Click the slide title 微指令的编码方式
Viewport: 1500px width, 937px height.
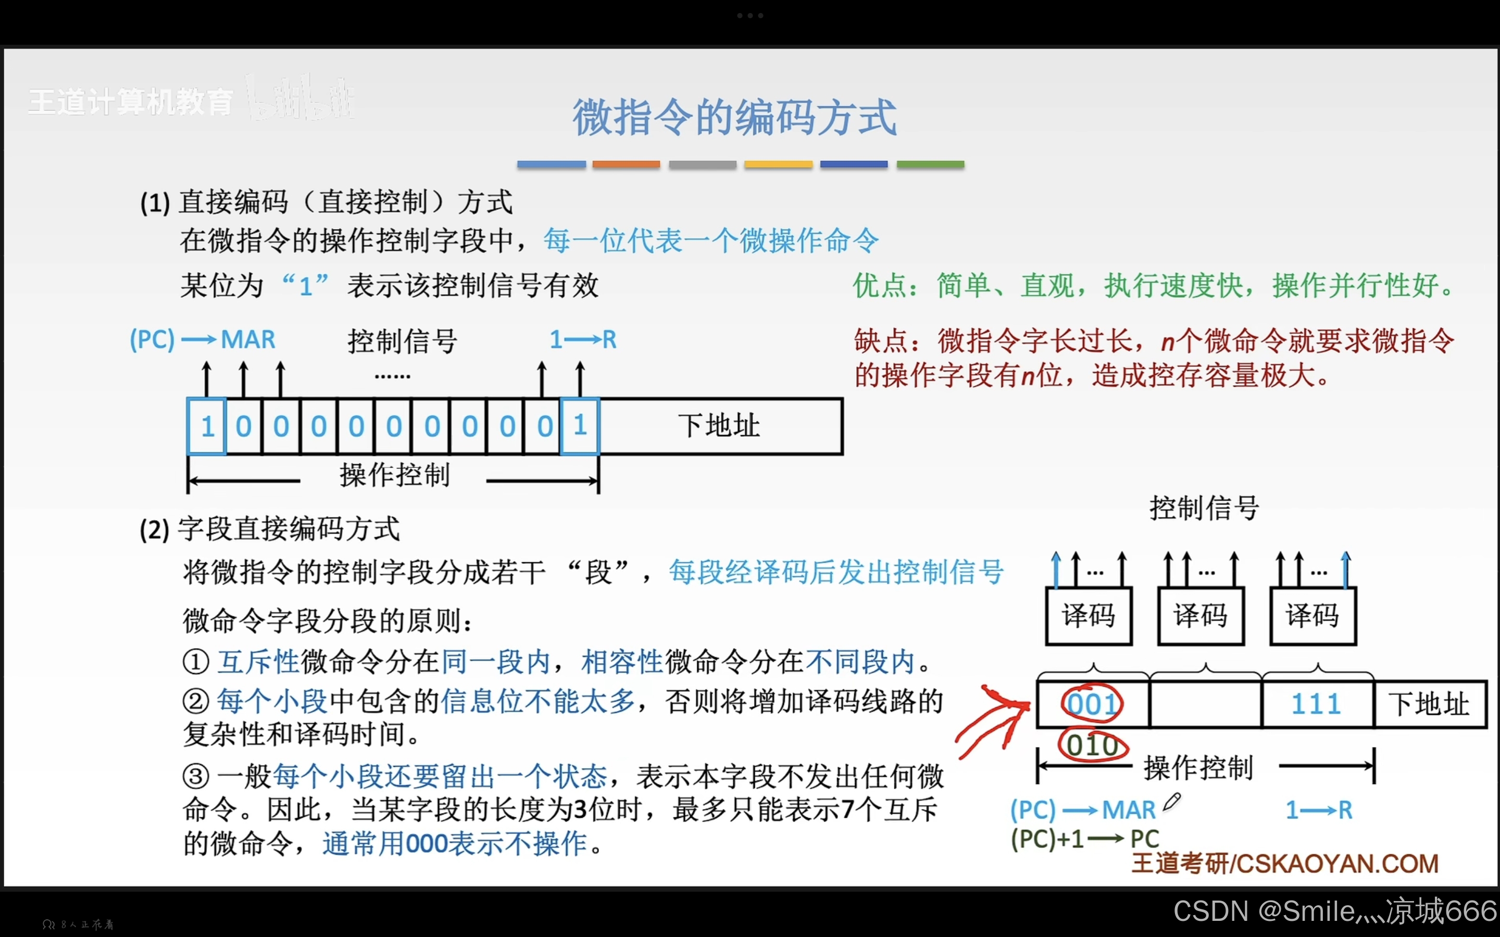pyautogui.click(x=734, y=117)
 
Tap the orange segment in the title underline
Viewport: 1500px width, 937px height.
pyautogui.click(x=626, y=164)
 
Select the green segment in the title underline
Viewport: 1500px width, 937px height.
pyautogui.click(x=930, y=164)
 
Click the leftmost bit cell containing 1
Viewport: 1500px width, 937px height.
pyautogui.click(x=207, y=426)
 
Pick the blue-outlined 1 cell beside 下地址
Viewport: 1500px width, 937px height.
pyautogui.click(x=580, y=426)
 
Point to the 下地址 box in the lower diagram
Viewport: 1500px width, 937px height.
pyautogui.click(x=1429, y=704)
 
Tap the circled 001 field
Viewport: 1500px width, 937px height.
pyautogui.click(x=1092, y=704)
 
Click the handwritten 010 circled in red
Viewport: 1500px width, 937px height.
pyautogui.click(x=1092, y=745)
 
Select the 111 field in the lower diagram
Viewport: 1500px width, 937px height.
pyautogui.click(x=1317, y=704)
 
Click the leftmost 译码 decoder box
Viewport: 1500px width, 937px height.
pyautogui.click(x=1089, y=616)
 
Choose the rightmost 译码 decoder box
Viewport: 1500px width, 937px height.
pyautogui.click(x=1313, y=616)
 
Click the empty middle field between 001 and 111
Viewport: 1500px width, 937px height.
pyautogui.click(x=1205, y=704)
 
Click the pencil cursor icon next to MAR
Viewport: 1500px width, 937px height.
pyautogui.click(x=1171, y=802)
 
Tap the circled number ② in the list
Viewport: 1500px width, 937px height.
pyautogui.click(x=196, y=702)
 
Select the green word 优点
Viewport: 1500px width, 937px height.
pyautogui.click(x=880, y=286)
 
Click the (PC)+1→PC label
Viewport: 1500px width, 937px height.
pyautogui.click(x=1085, y=839)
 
